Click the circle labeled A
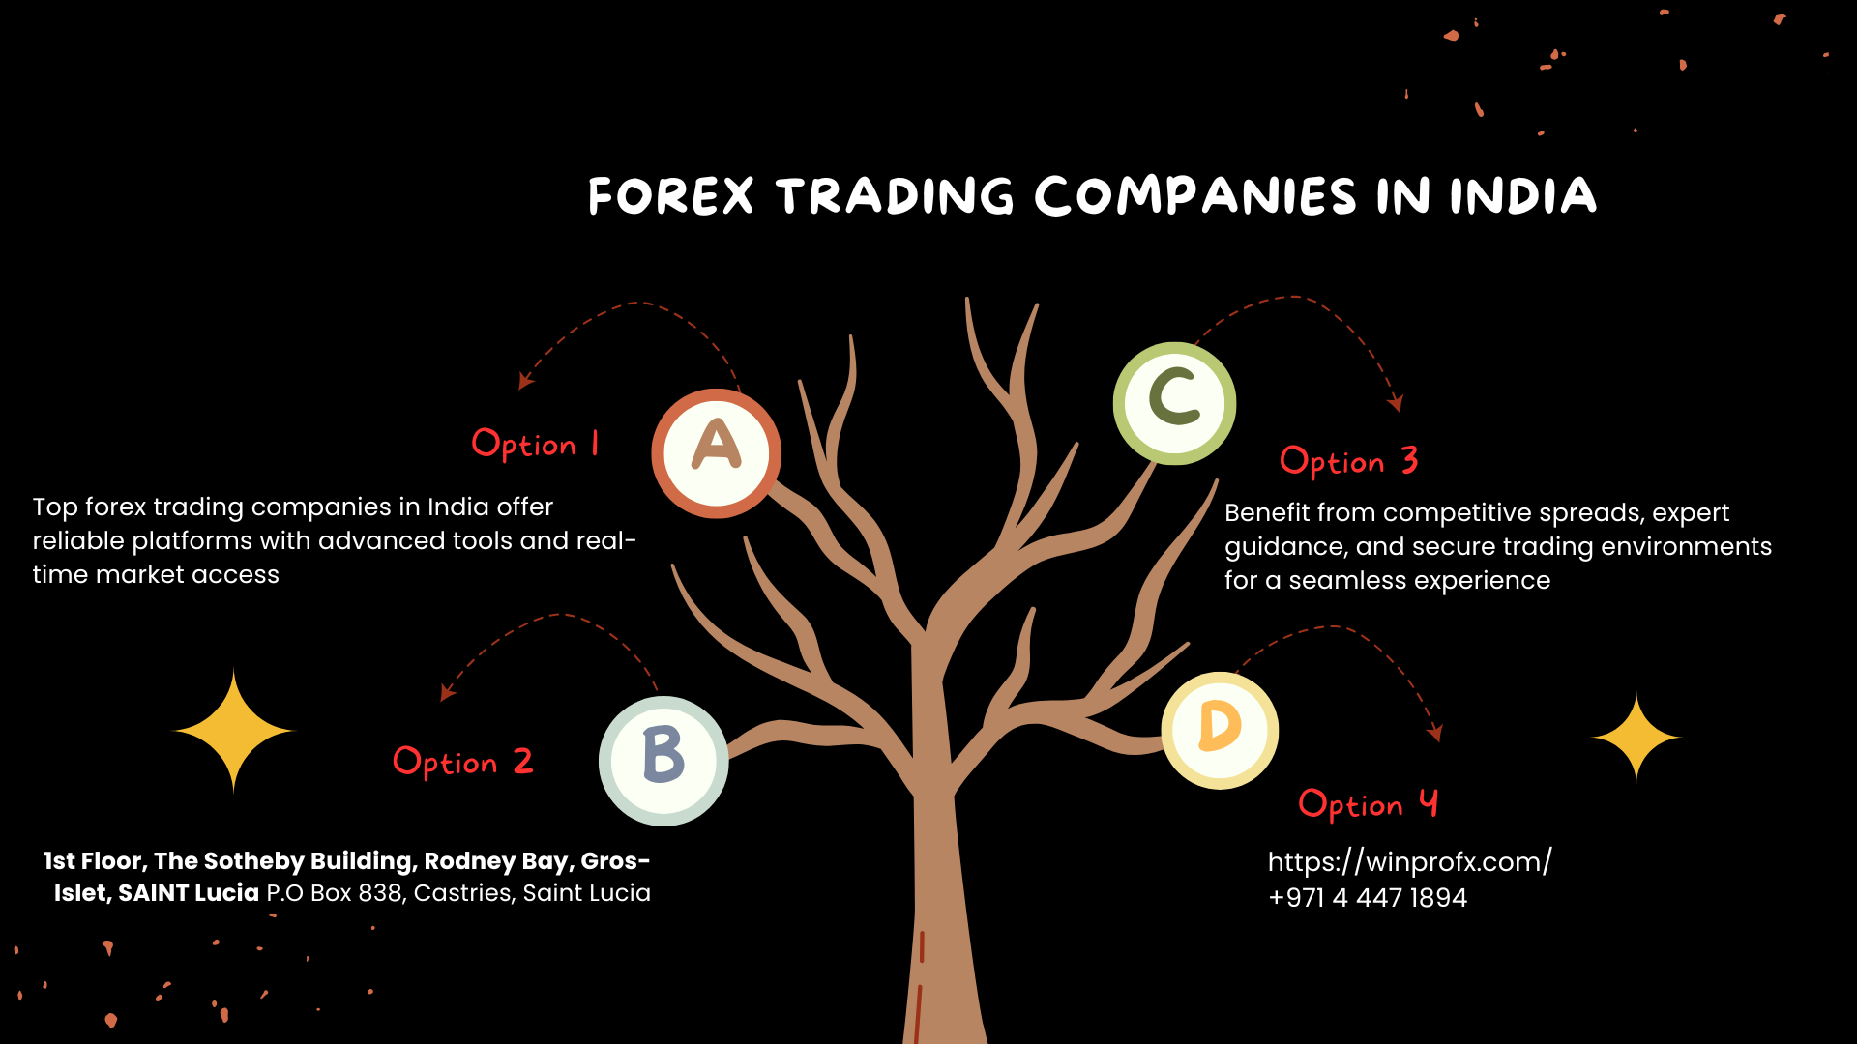click(x=716, y=453)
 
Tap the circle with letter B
click(x=663, y=761)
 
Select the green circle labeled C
click(x=1174, y=403)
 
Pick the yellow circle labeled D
click(x=1220, y=731)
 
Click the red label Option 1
click(x=535, y=444)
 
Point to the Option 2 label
click(x=462, y=762)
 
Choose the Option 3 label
click(x=1348, y=461)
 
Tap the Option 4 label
click(x=1368, y=803)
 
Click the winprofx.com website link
click(x=1409, y=861)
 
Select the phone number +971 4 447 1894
click(x=1367, y=898)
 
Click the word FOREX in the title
click(x=670, y=196)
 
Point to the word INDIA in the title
click(x=1522, y=196)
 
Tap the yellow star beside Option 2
click(x=233, y=731)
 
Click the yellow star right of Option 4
click(x=1636, y=737)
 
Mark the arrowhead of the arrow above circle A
click(x=525, y=382)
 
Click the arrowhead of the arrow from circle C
click(x=1396, y=403)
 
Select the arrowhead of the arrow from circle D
click(x=1436, y=734)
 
